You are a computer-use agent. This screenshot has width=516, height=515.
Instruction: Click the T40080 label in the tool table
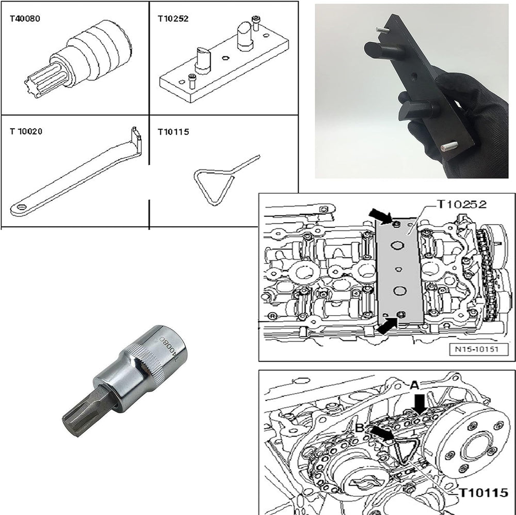click(x=25, y=19)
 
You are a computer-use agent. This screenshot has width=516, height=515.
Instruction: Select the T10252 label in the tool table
click(x=173, y=19)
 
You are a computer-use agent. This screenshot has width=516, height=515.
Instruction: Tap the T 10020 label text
click(x=26, y=132)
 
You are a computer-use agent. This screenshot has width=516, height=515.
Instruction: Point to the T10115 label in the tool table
click(x=173, y=132)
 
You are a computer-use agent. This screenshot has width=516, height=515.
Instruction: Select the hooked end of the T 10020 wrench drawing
click(x=137, y=138)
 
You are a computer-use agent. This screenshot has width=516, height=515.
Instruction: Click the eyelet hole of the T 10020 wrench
click(x=22, y=208)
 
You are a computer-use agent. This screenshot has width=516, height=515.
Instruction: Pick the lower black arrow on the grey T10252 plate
click(x=387, y=326)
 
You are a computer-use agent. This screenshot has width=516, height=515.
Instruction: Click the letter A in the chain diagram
click(x=414, y=385)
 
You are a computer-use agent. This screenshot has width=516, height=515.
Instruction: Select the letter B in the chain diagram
click(x=360, y=428)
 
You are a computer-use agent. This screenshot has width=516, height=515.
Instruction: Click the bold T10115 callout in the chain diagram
click(x=483, y=493)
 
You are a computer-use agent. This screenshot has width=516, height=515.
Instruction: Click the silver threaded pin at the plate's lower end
click(x=449, y=145)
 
